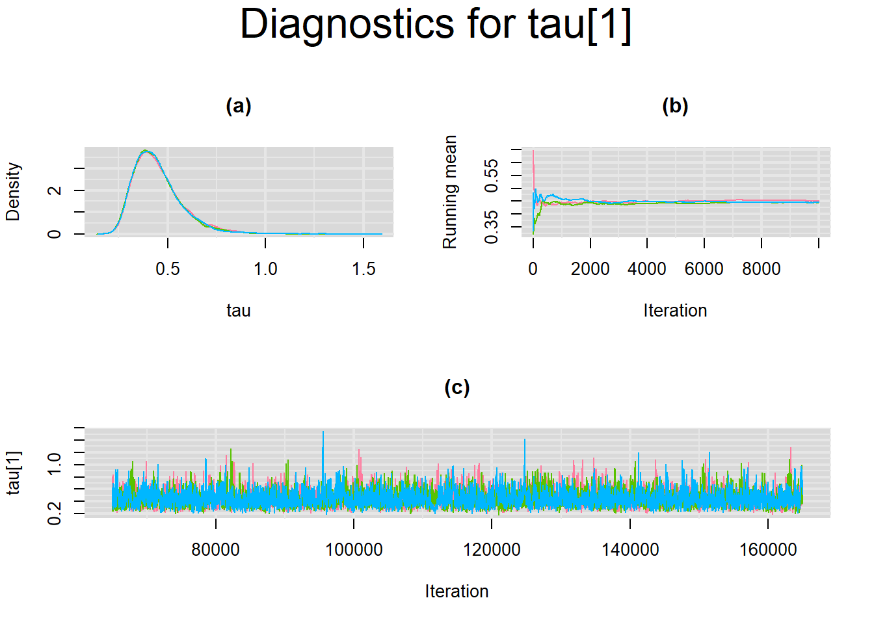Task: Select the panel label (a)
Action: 239,106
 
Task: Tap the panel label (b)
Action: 676,106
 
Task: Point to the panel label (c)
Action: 457,387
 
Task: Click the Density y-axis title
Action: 13,192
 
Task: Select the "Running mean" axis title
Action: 449,192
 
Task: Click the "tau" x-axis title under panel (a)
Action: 239,311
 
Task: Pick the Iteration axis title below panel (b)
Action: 675,311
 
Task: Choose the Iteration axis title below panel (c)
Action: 457,591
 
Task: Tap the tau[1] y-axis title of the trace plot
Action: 14,473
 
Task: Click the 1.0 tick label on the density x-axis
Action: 265,268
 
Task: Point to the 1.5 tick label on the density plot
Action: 364,268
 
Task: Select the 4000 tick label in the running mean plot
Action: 646,268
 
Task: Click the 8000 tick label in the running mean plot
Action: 761,268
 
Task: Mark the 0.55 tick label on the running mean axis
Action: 491,175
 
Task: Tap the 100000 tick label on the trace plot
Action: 354,550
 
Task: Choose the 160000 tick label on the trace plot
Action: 768,550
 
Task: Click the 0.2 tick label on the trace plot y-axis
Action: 54,513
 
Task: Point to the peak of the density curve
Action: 145,151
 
